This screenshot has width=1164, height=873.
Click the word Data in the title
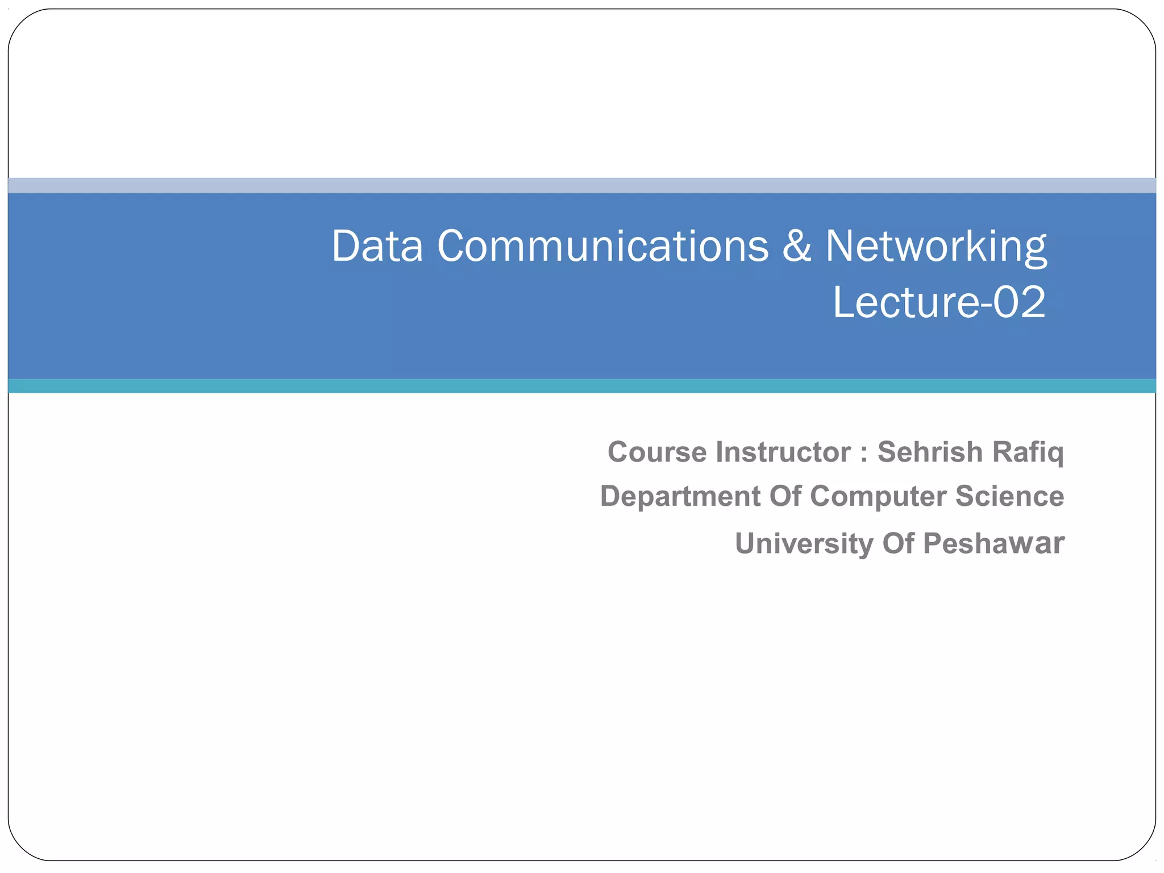point(377,247)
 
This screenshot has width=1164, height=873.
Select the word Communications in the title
point(602,247)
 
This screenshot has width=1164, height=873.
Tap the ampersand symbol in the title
point(797,247)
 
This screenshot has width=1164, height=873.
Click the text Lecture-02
point(939,302)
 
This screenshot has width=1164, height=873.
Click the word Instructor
point(783,452)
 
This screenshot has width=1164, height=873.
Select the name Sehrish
point(930,452)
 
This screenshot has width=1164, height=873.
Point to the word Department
point(680,497)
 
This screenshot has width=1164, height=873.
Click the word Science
point(1009,497)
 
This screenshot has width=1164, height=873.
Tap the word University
point(804,544)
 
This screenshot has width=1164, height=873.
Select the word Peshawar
point(993,544)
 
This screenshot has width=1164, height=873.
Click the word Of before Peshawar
point(898,544)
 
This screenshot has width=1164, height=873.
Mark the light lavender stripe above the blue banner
point(582,185)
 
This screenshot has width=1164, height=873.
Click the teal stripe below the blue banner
point(582,386)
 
